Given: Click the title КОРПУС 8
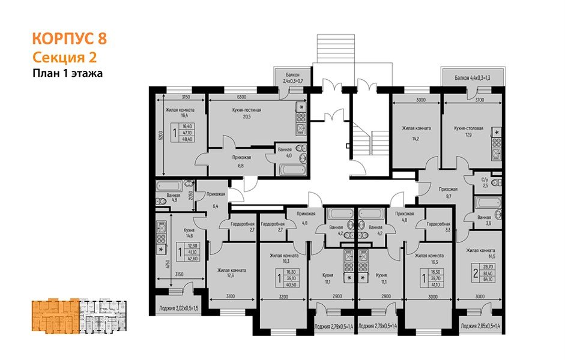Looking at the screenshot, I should click(69, 40).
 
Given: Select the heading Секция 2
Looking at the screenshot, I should click(64, 58).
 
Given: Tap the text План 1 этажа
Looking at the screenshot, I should click(68, 74).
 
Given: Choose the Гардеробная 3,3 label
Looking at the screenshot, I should click(438, 227).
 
